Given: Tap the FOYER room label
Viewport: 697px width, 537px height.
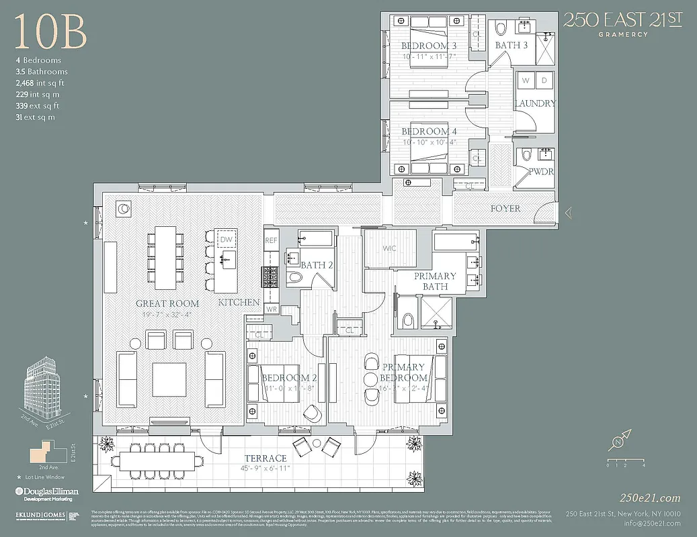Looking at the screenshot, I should click(505, 209).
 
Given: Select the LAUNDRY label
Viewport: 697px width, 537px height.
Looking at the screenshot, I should click(535, 103).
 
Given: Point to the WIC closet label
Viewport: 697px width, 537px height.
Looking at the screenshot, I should click(389, 248).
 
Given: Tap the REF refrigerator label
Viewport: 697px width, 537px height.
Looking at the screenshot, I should click(271, 240).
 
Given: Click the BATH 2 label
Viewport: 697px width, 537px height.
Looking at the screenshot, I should click(317, 265).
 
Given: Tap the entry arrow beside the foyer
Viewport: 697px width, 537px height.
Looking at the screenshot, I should click(568, 213).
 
